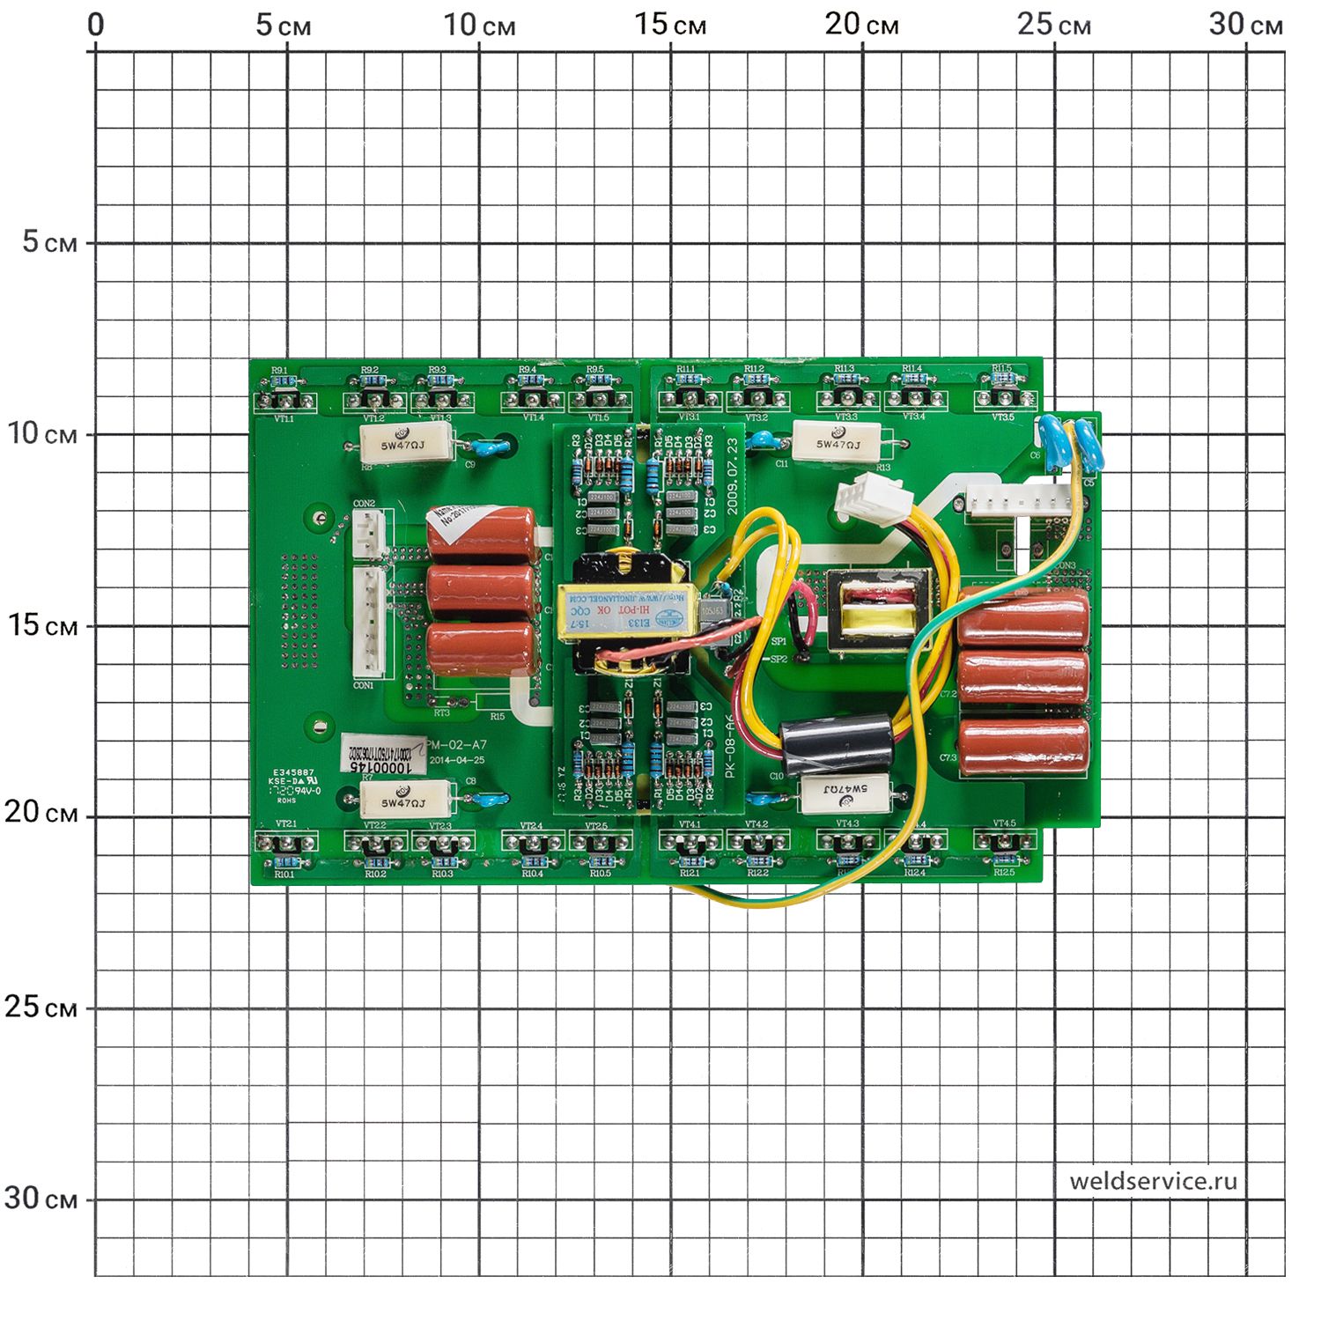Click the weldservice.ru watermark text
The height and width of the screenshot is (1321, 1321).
pos(1153,1181)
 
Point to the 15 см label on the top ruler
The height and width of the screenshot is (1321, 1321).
pos(670,25)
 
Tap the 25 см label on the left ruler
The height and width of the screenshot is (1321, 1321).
pos(41,1007)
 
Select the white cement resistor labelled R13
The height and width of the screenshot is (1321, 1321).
pos(837,442)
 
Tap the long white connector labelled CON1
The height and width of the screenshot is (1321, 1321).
pos(369,621)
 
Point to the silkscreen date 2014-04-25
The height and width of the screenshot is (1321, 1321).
pos(458,760)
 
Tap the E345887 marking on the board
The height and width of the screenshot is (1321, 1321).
pos(293,771)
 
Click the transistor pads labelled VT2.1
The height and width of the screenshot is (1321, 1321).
pos(284,842)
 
